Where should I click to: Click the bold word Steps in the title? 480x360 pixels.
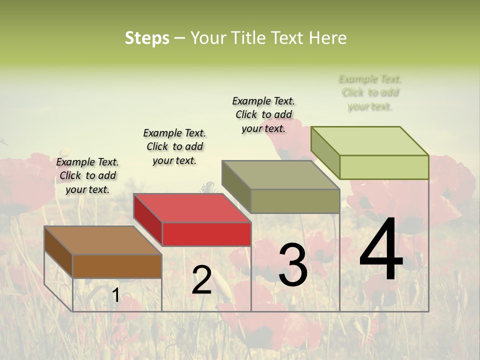point(147,38)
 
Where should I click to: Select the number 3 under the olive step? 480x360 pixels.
point(292,265)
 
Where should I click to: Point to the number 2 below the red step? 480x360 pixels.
point(201,280)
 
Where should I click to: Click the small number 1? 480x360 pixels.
point(115,295)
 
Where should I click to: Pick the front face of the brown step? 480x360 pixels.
point(117,266)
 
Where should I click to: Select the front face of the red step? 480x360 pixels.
point(206,234)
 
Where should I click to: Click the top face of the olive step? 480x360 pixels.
point(281,175)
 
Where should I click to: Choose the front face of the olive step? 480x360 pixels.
point(295,201)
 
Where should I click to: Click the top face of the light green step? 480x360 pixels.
point(370,140)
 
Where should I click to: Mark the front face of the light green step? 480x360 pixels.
point(384,167)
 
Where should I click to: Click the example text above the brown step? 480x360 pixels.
point(87,175)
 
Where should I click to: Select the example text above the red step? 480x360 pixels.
point(174,146)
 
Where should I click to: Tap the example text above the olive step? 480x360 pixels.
point(263,114)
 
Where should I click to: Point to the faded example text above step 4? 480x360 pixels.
point(370,92)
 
